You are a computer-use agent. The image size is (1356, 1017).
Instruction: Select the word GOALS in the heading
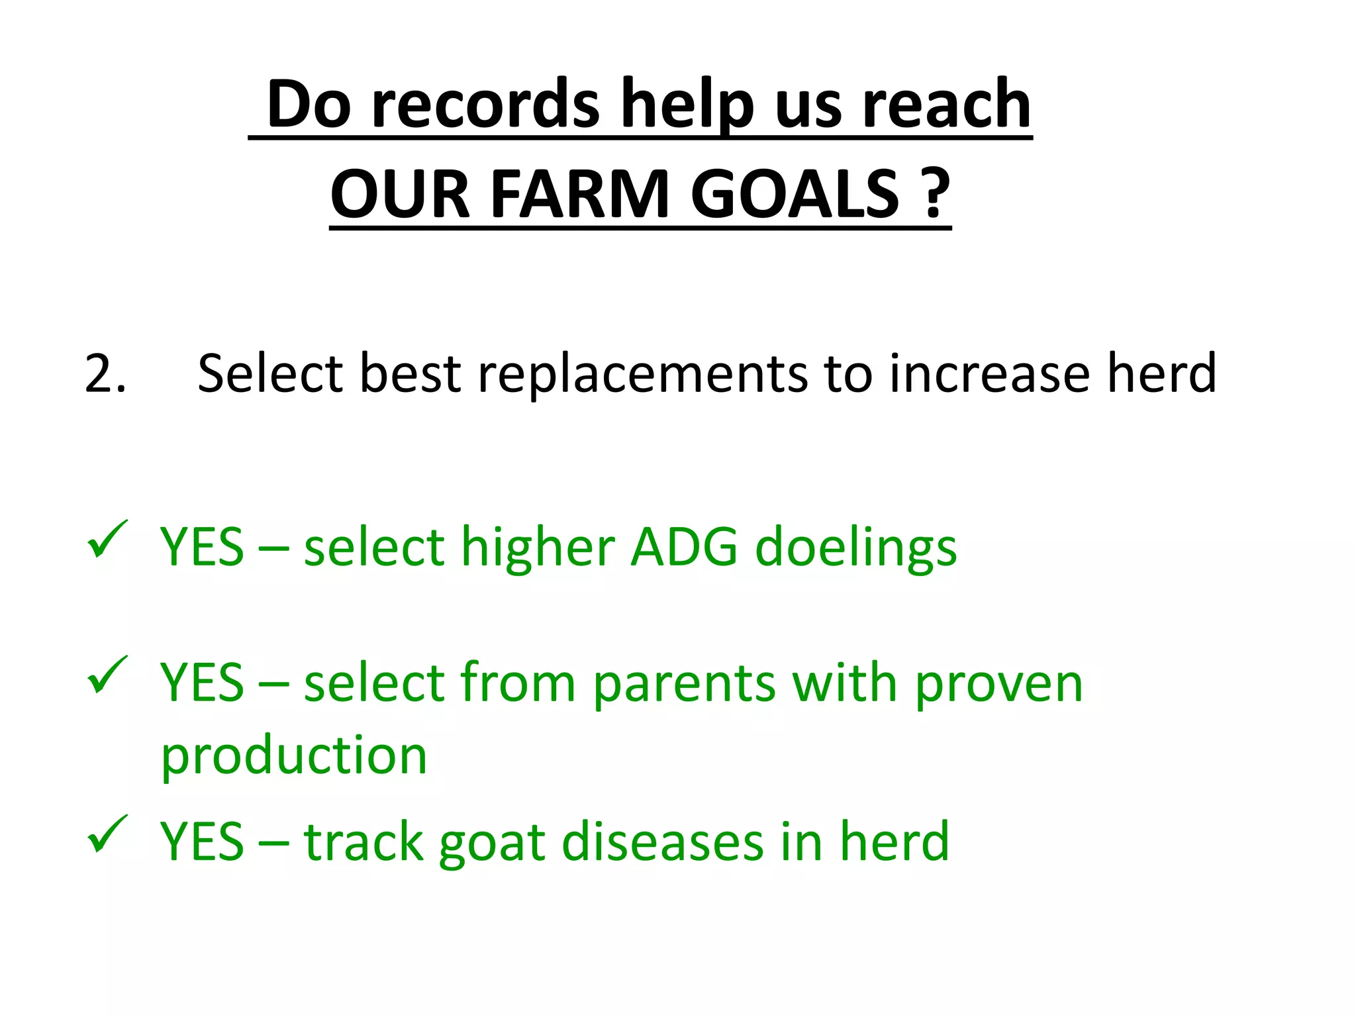tap(795, 195)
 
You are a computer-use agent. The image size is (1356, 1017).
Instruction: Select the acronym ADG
tap(683, 548)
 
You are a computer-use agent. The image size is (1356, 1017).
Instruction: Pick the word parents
tap(683, 686)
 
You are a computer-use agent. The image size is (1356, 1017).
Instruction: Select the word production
tap(294, 757)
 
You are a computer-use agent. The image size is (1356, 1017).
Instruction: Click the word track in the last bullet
tap(363, 842)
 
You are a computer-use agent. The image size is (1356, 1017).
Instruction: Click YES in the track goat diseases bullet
tap(202, 842)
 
